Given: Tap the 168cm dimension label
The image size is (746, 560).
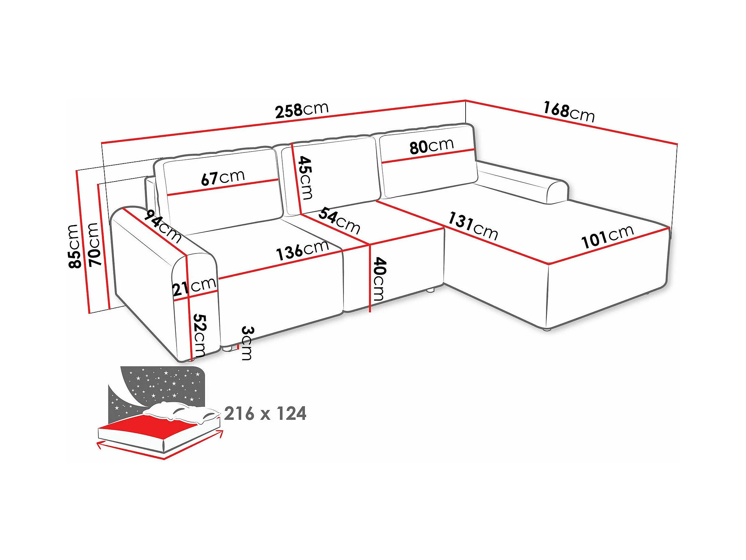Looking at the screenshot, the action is pos(569,112).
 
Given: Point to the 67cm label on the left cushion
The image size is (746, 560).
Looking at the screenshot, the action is pos(223,178).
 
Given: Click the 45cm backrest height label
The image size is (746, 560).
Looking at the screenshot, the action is pos(306,177).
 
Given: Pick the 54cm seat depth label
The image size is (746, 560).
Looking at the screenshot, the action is pos(339,220).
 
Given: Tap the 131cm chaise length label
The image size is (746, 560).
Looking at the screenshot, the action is pos(473,227).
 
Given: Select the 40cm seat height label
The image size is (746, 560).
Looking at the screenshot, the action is pos(379,279).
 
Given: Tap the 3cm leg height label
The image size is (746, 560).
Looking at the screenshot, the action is pos(247,343).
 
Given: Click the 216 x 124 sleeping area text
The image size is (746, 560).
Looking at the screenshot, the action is pos(265,414).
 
